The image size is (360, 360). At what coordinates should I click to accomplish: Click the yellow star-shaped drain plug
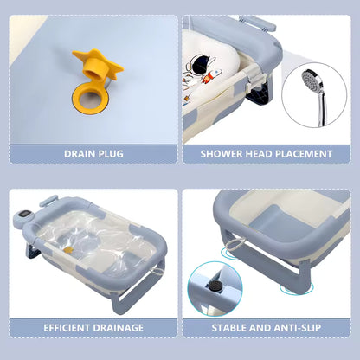point(98,67)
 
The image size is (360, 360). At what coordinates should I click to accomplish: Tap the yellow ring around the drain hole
point(78,100)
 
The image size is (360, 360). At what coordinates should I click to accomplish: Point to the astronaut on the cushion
point(202,64)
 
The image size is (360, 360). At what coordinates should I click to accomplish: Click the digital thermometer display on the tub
point(23,215)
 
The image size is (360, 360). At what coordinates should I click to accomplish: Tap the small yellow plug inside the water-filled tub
point(68,250)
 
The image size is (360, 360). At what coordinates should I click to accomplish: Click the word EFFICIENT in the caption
point(67,328)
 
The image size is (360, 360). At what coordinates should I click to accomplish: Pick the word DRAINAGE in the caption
point(118,328)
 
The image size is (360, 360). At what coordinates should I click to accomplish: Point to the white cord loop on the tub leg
point(233,245)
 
